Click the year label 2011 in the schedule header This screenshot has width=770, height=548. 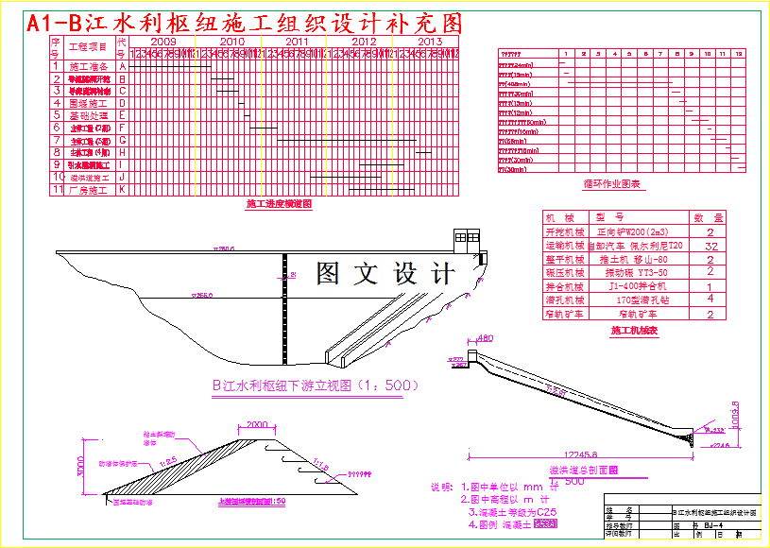pyautogui.click(x=295, y=42)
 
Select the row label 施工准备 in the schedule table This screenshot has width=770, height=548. pyautogui.click(x=90, y=66)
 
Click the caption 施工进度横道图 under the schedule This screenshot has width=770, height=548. pyautogui.click(x=279, y=204)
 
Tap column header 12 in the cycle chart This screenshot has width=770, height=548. pyautogui.click(x=739, y=54)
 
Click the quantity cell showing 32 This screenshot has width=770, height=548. pyautogui.click(x=710, y=246)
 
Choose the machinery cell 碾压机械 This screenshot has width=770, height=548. pyautogui.click(x=565, y=272)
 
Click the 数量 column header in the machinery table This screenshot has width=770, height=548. pyautogui.click(x=710, y=217)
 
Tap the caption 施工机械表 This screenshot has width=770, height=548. pyautogui.click(x=634, y=331)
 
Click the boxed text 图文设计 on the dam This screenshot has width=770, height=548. pyautogui.click(x=385, y=274)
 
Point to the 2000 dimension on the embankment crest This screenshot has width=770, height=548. pyautogui.click(x=257, y=424)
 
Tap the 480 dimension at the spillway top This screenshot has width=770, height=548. pyautogui.click(x=486, y=338)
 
